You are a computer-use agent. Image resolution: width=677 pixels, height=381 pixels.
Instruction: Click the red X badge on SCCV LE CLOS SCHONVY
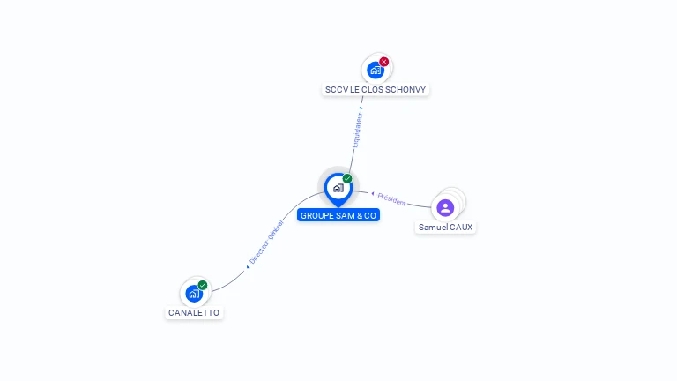(384, 62)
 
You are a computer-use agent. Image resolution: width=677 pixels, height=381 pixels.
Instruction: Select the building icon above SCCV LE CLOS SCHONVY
(376, 70)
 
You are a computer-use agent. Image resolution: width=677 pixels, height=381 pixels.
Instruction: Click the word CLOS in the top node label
(372, 90)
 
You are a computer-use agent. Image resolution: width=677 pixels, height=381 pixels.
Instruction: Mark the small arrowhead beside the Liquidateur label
(361, 108)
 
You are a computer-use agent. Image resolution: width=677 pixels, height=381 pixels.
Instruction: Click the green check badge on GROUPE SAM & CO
(347, 179)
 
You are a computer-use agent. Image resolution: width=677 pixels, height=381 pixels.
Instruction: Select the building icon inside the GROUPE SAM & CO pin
(338, 187)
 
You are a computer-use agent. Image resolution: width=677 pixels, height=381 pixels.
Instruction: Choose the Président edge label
(392, 200)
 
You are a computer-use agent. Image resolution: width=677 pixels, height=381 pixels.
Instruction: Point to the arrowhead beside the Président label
(373, 193)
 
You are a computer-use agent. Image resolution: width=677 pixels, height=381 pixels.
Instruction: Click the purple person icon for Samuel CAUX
(445, 207)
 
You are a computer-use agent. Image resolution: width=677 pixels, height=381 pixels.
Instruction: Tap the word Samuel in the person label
(433, 228)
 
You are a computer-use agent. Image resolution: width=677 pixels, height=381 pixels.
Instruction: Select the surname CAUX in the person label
(461, 228)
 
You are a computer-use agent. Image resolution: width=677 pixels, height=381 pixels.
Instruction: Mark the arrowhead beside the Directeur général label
(248, 266)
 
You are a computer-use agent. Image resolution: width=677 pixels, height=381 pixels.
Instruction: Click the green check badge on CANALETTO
(203, 285)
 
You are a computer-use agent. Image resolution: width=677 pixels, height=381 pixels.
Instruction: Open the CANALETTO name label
(194, 313)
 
